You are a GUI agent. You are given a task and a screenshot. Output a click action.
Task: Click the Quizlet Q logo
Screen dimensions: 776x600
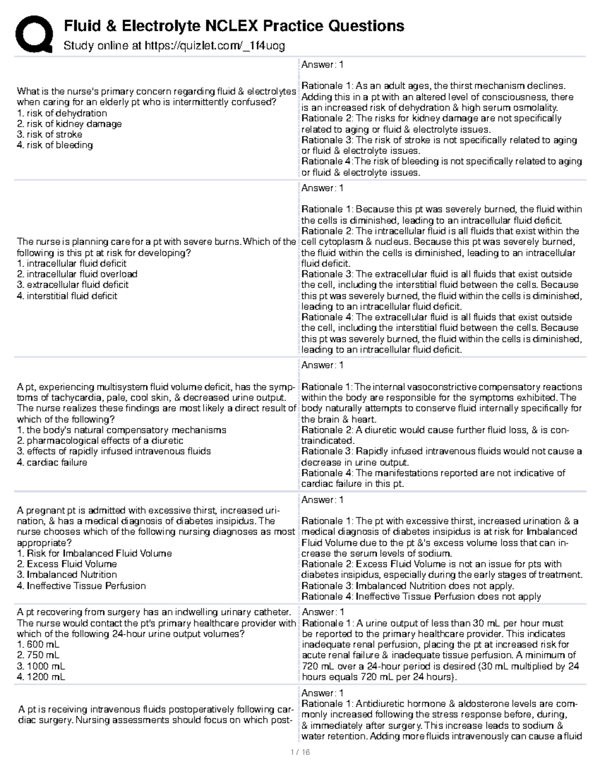[33, 33]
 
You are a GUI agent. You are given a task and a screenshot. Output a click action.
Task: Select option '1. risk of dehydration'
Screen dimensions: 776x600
[61, 113]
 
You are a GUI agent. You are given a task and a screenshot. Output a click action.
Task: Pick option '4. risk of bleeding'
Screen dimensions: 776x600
[54, 145]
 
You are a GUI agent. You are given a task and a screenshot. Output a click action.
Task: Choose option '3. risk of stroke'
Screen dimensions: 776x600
[49, 134]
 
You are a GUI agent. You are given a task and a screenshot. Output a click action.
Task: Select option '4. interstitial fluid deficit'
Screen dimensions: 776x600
[67, 296]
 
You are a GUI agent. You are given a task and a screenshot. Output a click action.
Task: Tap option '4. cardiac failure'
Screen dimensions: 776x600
[52, 462]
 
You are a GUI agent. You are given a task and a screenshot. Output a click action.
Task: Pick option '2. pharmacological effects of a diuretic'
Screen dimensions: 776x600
[100, 441]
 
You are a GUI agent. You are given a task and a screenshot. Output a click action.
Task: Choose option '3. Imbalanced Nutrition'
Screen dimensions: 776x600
[67, 575]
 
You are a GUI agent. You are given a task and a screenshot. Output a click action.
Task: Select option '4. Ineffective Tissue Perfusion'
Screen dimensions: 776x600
[81, 586]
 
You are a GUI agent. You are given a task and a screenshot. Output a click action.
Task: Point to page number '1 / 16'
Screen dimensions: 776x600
[300, 752]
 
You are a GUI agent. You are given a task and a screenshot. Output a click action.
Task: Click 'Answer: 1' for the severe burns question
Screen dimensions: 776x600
[322, 188]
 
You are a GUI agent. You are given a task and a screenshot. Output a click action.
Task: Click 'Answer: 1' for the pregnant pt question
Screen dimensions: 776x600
[322, 500]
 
